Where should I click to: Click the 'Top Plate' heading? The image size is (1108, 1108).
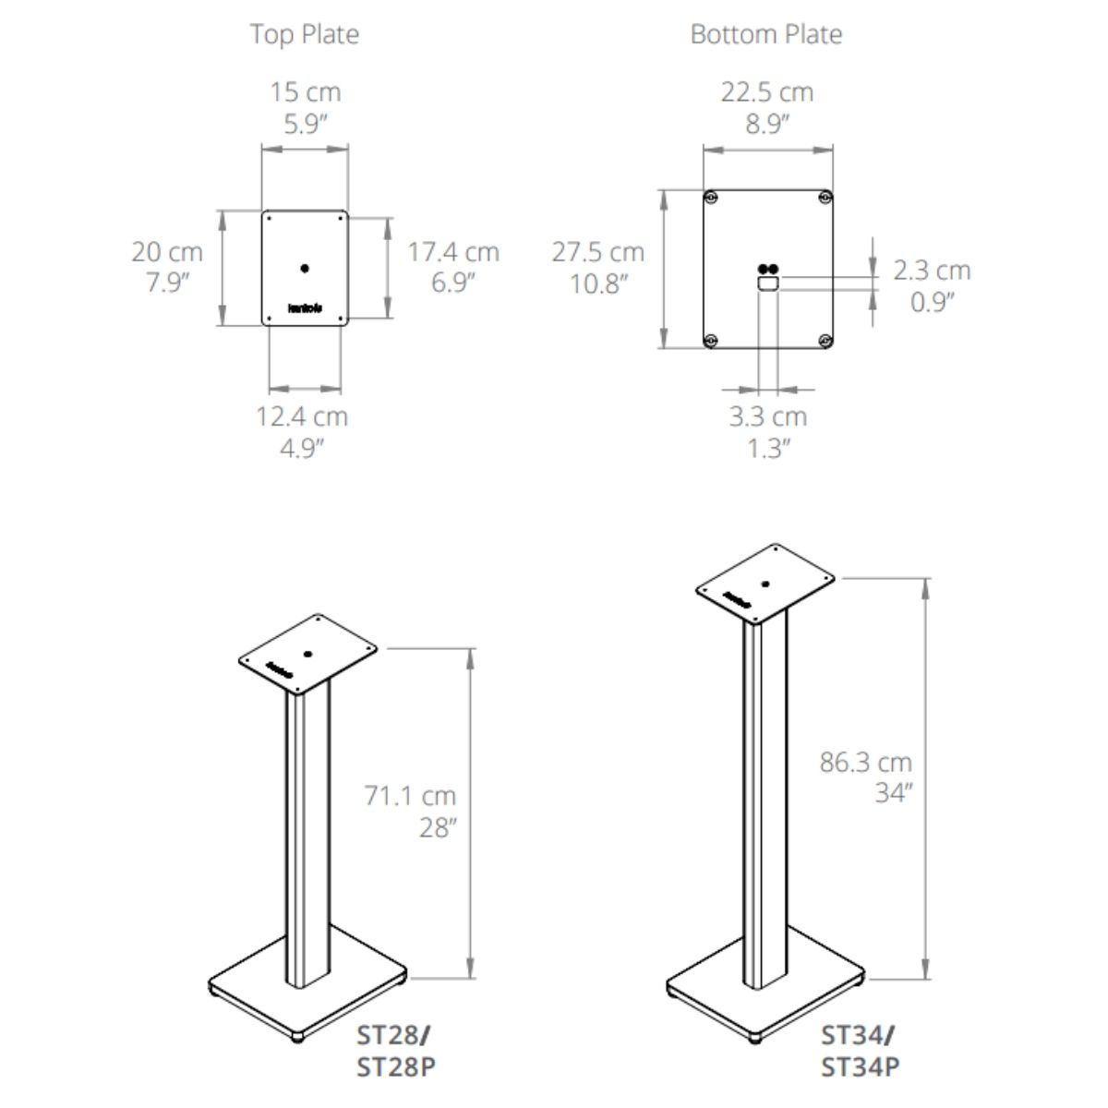click(x=305, y=34)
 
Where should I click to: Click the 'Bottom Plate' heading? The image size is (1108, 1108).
click(x=766, y=34)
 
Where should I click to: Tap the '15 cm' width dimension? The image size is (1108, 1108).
click(x=306, y=92)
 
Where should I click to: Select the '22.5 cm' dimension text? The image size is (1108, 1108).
click(x=767, y=92)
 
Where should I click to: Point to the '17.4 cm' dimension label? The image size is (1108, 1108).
click(x=453, y=252)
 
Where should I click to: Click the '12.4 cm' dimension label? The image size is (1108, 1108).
click(x=302, y=416)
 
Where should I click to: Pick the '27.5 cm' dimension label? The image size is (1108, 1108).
click(x=598, y=252)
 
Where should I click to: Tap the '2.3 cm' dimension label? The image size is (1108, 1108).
click(x=932, y=271)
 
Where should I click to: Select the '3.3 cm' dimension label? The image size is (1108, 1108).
click(x=768, y=416)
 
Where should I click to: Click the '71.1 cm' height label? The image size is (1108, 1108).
click(x=410, y=796)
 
